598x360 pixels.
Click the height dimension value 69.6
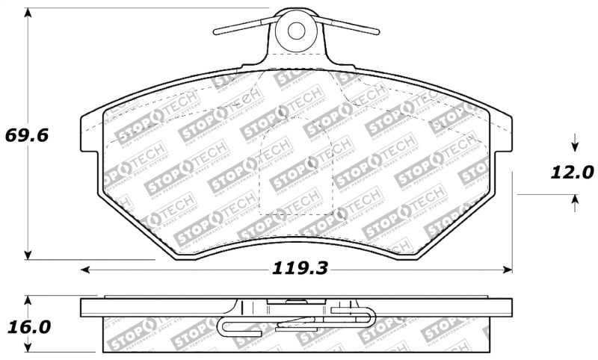[27, 137]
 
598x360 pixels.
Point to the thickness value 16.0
[28, 327]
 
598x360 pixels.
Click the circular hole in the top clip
[296, 31]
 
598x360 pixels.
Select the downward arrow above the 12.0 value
[574, 144]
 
